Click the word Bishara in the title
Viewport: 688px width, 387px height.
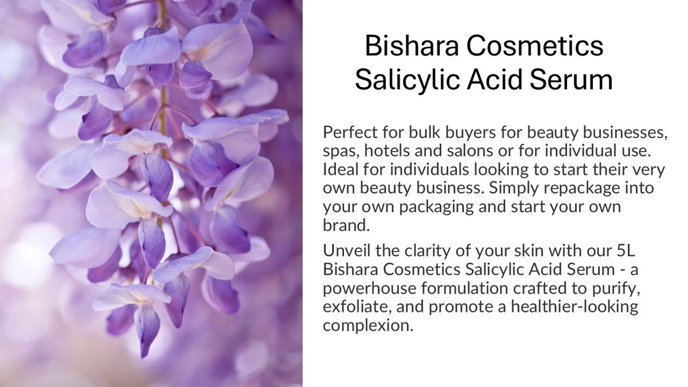point(412,46)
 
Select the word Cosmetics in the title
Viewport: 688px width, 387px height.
point(535,46)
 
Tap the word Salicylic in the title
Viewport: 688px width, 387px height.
point(407,80)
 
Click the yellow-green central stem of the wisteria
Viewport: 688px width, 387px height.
point(164,101)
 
